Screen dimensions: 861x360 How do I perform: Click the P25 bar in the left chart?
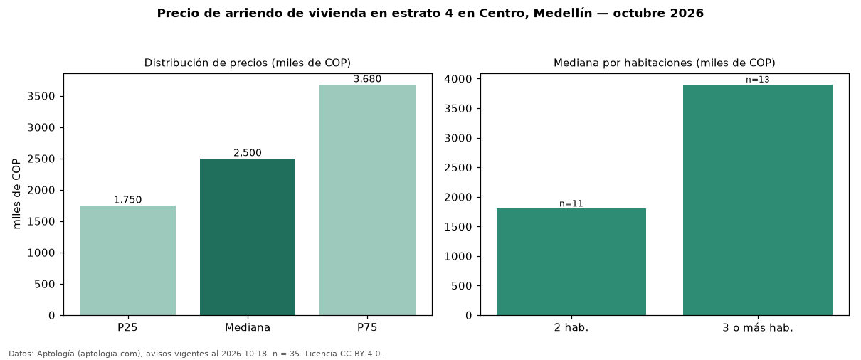[127, 260]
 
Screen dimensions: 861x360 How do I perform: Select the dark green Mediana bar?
[248, 237]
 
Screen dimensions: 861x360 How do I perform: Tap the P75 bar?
[367, 200]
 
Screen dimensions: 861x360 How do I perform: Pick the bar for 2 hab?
[571, 262]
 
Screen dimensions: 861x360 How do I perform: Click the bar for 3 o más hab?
[758, 200]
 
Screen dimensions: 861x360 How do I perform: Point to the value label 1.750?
[127, 200]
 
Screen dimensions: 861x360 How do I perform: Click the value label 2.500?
[248, 153]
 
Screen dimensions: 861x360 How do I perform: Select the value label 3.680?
[367, 79]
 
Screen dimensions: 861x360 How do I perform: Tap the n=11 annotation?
[571, 203]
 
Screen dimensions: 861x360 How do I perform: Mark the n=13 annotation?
[758, 80]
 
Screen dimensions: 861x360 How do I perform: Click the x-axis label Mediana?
[248, 327]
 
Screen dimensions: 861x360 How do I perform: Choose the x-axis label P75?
[367, 327]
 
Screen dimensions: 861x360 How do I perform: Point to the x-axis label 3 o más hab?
[758, 328]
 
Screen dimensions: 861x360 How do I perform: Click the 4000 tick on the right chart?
[458, 79]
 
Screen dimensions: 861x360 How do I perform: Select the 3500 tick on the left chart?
[41, 96]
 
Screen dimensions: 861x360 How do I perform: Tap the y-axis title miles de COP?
[16, 194]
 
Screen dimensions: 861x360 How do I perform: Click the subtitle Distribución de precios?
[206, 63]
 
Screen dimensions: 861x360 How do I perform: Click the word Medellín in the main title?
[563, 13]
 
